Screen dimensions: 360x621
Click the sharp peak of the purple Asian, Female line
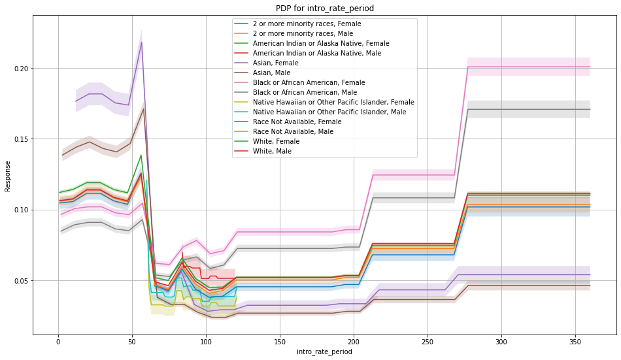point(141,42)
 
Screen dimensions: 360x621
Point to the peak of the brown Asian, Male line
point(143,108)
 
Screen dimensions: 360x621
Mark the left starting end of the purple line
point(76,101)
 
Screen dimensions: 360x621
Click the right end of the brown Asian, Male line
point(590,286)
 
